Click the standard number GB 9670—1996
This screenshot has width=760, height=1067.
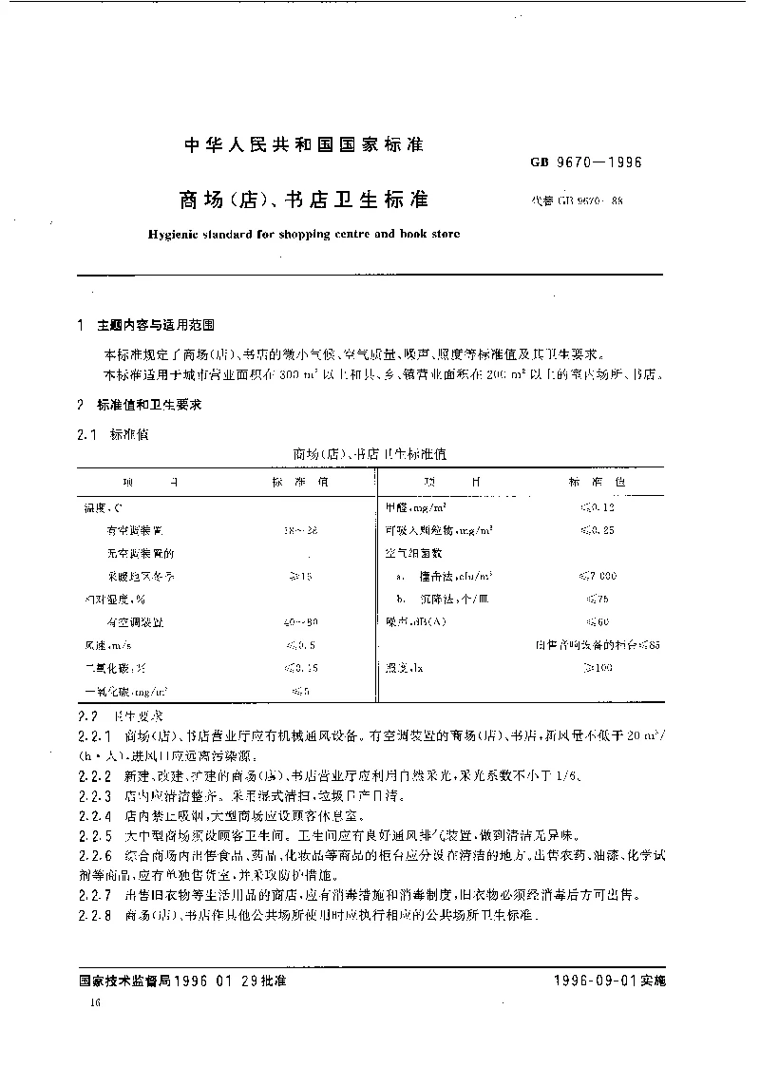coord(585,162)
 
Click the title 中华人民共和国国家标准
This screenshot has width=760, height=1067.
coord(302,145)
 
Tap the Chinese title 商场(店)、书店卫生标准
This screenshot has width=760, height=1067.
coord(304,200)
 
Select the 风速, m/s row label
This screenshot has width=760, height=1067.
coord(106,645)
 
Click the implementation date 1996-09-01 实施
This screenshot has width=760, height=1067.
coord(609,981)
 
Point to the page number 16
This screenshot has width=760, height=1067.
coord(93,1003)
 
